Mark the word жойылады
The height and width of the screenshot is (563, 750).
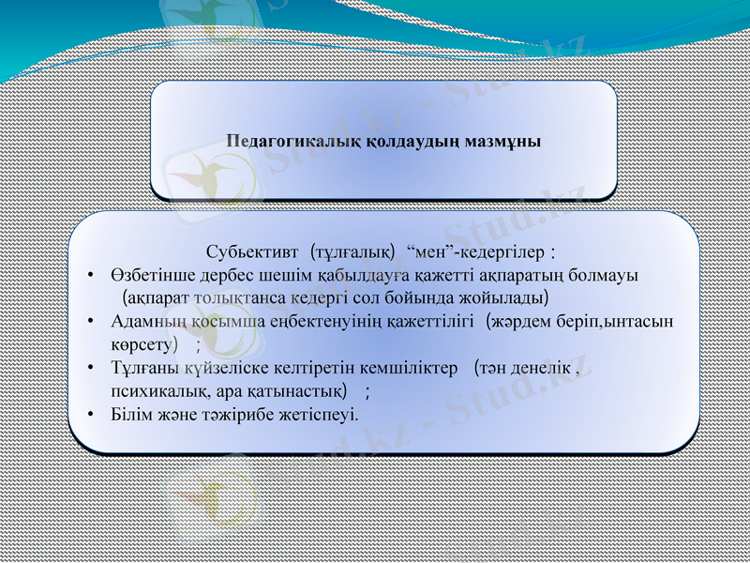[499, 297]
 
